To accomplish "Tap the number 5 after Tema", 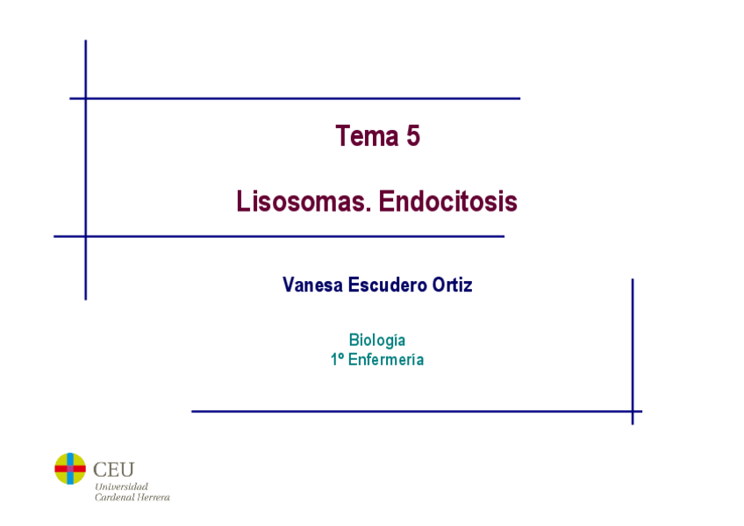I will (x=413, y=136).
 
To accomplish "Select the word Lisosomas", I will (x=297, y=202).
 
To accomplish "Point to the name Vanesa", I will (x=312, y=285).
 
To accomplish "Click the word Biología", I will (x=377, y=341).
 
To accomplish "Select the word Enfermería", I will (x=386, y=359).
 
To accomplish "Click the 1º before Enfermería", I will (x=337, y=359).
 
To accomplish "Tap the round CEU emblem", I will (x=70, y=469).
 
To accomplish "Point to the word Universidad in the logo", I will (x=121, y=486).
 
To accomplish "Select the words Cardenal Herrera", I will (x=132, y=497).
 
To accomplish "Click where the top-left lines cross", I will (x=86, y=98).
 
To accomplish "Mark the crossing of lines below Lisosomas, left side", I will (x=86, y=236).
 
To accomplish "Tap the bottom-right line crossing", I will (x=632, y=411).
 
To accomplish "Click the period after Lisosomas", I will (x=361, y=210).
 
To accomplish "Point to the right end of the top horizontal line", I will (x=519, y=98).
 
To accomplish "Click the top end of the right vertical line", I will (x=632, y=280).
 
